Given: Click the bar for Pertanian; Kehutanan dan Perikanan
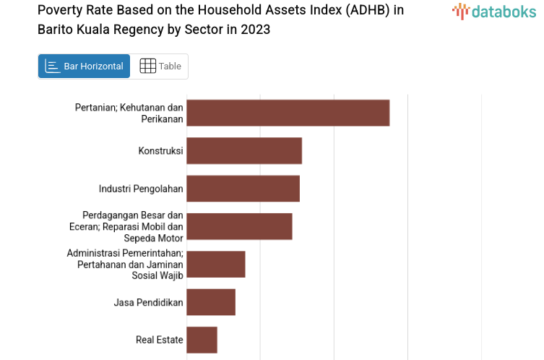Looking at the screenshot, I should pos(288,113).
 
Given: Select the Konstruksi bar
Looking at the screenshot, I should pos(243,150).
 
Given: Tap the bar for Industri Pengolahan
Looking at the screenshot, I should pos(243,189).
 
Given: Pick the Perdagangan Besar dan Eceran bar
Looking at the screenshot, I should pos(239,226).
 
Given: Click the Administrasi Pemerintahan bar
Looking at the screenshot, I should pos(215,264).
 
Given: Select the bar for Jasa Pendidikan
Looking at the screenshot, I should pos(211,302).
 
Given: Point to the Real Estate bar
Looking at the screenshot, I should pos(202,340).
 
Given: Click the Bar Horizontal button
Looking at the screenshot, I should pos(84,67).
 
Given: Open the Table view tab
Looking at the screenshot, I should pos(160,67).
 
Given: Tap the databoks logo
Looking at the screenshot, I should pos(494,11).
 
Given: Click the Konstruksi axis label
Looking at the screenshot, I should pos(160,151).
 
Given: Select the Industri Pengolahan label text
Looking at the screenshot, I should pos(141,189).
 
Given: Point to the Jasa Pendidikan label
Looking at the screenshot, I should pos(148,302).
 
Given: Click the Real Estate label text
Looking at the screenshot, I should pos(159,340).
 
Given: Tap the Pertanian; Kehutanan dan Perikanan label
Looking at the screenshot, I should pos(129,113).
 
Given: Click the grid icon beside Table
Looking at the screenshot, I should pos(147,67).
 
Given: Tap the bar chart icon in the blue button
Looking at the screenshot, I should pos(53,67).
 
